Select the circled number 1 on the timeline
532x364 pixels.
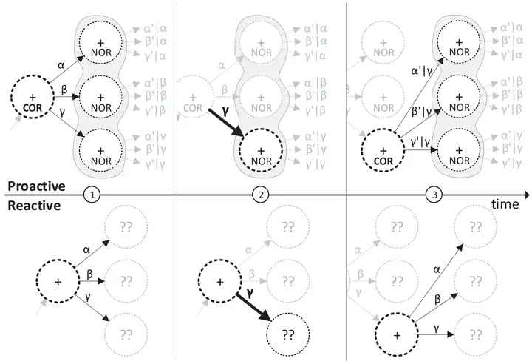tap(92, 195)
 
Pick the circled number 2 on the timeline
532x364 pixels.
tap(260, 195)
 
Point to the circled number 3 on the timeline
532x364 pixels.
tap(434, 195)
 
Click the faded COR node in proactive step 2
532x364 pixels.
tap(193, 101)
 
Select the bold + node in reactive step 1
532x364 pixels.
tap(58, 282)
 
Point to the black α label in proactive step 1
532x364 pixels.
tap(61, 65)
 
